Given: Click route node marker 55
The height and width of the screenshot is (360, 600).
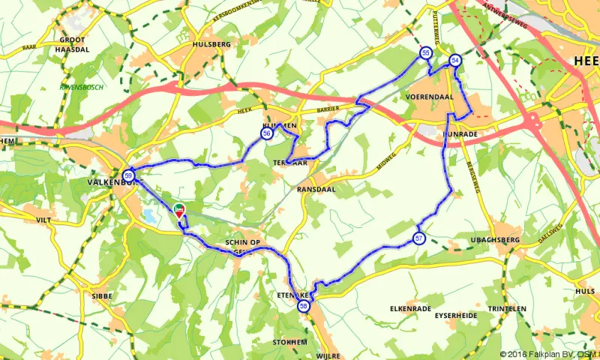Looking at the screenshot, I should click(x=425, y=53).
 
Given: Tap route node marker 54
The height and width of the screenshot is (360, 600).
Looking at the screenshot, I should click(x=454, y=60).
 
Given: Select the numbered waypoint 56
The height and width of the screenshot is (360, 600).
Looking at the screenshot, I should click(x=266, y=134).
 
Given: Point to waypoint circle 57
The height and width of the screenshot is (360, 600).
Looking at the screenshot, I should click(x=418, y=238).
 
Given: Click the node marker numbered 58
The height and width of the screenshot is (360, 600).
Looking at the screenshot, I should click(x=304, y=306).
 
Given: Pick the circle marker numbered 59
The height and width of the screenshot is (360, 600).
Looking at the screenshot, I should click(x=129, y=175).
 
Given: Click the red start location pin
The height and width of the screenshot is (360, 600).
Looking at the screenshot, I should click(x=178, y=209).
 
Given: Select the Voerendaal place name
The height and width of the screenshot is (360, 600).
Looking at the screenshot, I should click(x=430, y=97).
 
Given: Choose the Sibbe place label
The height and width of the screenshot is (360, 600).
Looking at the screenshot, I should click(x=102, y=296).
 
